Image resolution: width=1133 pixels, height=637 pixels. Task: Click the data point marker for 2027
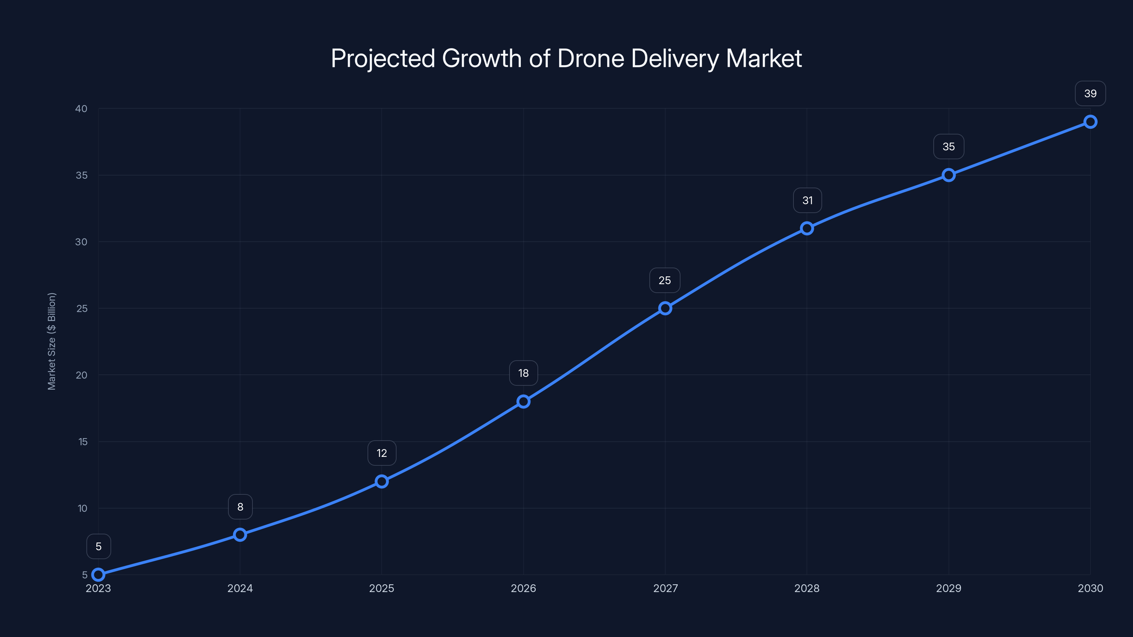[665, 308]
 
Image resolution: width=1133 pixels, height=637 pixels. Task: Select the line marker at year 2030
[1090, 122]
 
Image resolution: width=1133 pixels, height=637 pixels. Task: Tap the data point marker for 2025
[382, 481]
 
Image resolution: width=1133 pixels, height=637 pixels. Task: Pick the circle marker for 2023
[98, 575]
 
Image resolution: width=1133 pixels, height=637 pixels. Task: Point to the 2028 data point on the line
[807, 228]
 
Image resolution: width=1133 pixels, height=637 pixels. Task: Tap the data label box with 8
[240, 507]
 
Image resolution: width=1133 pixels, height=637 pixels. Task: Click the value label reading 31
[807, 200]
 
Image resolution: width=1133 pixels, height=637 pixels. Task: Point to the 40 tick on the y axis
[81, 109]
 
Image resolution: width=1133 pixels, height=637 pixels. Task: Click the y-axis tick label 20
[81, 375]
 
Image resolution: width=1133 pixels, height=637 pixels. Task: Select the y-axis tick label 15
[83, 442]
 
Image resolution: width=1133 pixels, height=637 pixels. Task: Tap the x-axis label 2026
[523, 588]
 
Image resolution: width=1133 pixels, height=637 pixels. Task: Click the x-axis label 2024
[240, 588]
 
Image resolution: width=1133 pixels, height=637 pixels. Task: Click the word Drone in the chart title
[591, 58]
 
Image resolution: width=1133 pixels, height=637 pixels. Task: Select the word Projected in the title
[383, 58]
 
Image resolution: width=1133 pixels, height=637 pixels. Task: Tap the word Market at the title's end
[764, 58]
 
